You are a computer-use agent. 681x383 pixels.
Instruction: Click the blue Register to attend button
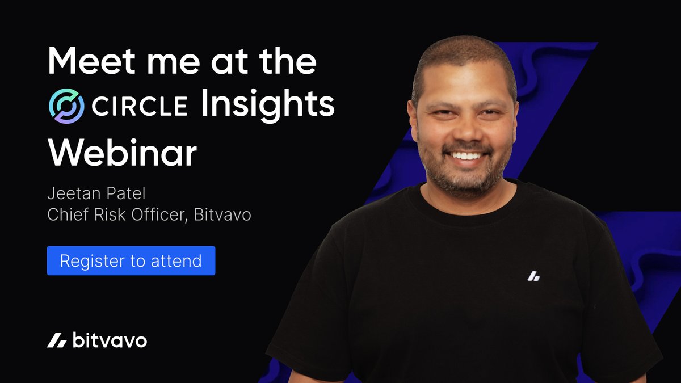pos(131,260)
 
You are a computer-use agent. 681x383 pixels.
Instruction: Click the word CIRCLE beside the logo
pos(140,106)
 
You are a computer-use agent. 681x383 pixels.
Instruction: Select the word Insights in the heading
pos(267,105)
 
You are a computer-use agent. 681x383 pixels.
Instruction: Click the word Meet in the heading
pos(91,60)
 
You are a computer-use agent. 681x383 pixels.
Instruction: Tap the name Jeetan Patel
pos(96,193)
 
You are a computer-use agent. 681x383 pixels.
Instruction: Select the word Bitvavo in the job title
pos(222,214)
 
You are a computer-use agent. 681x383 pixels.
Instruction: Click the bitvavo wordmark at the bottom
pos(110,340)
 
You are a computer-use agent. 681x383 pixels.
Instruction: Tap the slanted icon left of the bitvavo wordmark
pos(57,340)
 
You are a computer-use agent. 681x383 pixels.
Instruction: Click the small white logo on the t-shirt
pos(534,276)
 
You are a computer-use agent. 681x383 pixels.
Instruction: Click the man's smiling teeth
pos(466,156)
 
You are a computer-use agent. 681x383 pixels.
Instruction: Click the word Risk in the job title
pos(110,214)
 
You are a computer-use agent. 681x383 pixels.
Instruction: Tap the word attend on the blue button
pos(176,261)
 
